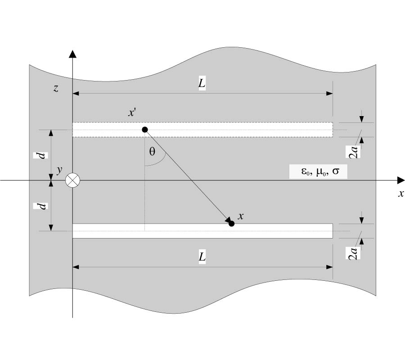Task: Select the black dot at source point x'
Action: [x=145, y=130]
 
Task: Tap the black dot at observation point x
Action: [x=231, y=223]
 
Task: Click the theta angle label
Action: [x=152, y=152]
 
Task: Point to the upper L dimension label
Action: [x=202, y=84]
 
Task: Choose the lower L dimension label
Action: [x=202, y=257]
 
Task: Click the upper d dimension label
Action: [x=40, y=155]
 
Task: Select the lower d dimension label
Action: [x=40, y=206]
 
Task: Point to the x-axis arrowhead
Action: [x=400, y=180]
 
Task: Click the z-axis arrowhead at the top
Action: [x=72, y=54]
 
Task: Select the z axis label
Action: [x=56, y=88]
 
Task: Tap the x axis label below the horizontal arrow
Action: [x=400, y=194]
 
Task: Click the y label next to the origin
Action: [x=58, y=170]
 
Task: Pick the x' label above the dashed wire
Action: [x=132, y=113]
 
